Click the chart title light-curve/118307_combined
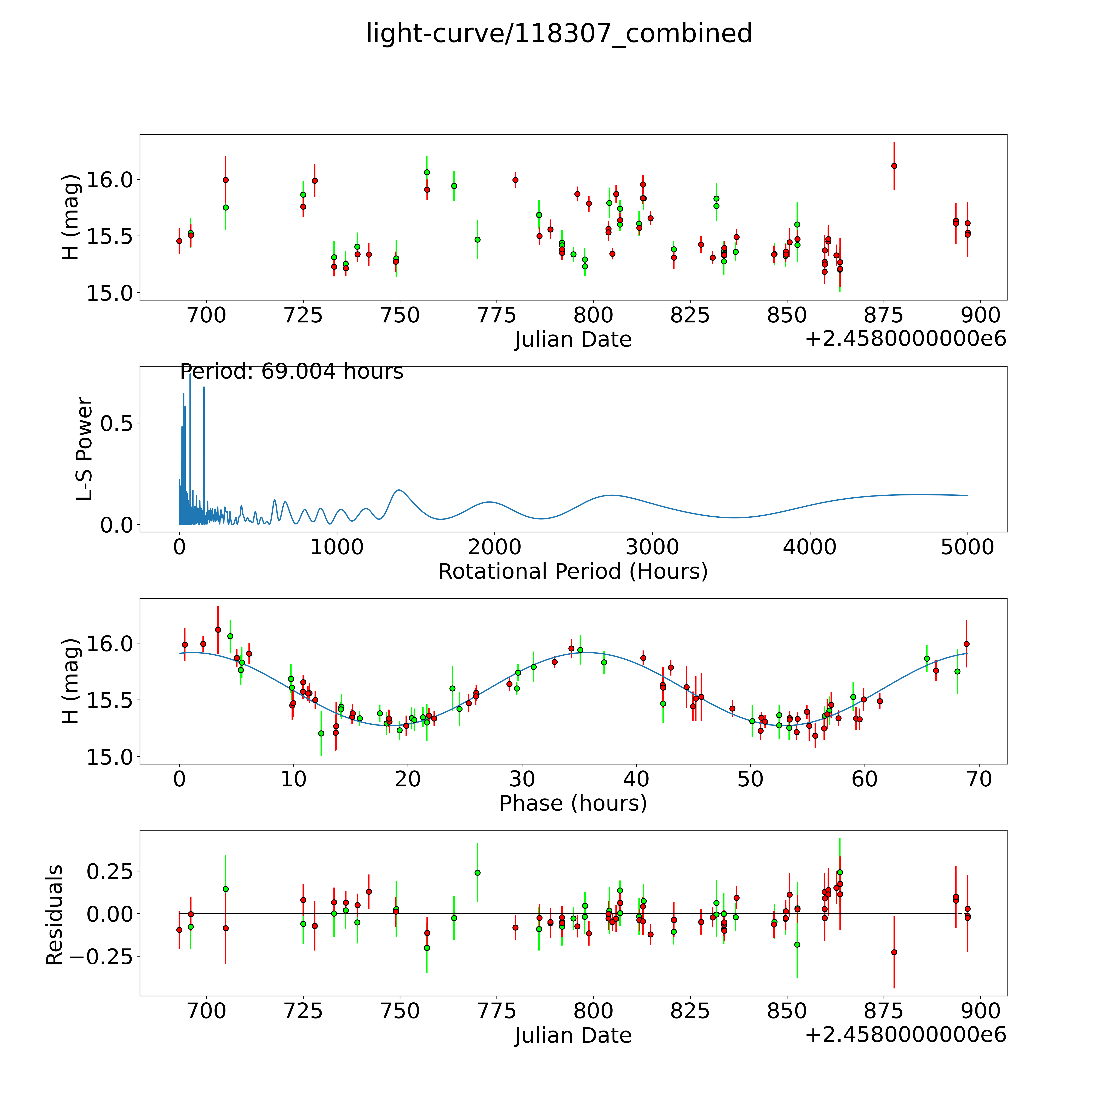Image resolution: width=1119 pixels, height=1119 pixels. (x=559, y=34)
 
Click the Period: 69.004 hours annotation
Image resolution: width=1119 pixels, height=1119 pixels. (x=291, y=371)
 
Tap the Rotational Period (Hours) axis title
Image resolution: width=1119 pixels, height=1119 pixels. (x=573, y=572)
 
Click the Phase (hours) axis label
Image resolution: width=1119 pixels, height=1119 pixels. (x=573, y=803)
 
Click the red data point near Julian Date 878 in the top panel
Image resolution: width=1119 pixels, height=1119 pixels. (x=894, y=166)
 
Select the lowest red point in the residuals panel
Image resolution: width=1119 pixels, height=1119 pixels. (x=894, y=952)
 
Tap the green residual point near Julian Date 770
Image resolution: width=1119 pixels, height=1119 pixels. (x=477, y=872)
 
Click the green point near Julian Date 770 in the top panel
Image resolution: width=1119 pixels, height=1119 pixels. (x=477, y=239)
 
